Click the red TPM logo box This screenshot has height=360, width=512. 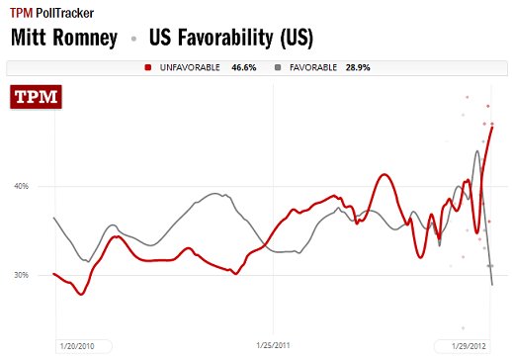[36, 99]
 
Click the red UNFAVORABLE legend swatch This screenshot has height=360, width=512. [147, 67]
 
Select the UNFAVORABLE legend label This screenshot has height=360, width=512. [188, 67]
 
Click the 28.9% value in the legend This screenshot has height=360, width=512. [371, 67]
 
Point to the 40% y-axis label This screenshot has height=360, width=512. [21, 186]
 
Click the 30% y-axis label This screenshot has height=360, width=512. [21, 275]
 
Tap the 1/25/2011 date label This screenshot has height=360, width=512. [272, 346]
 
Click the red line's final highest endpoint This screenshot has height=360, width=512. [492, 127]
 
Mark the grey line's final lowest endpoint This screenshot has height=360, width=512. [492, 285]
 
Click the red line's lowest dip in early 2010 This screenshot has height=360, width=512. [82, 294]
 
